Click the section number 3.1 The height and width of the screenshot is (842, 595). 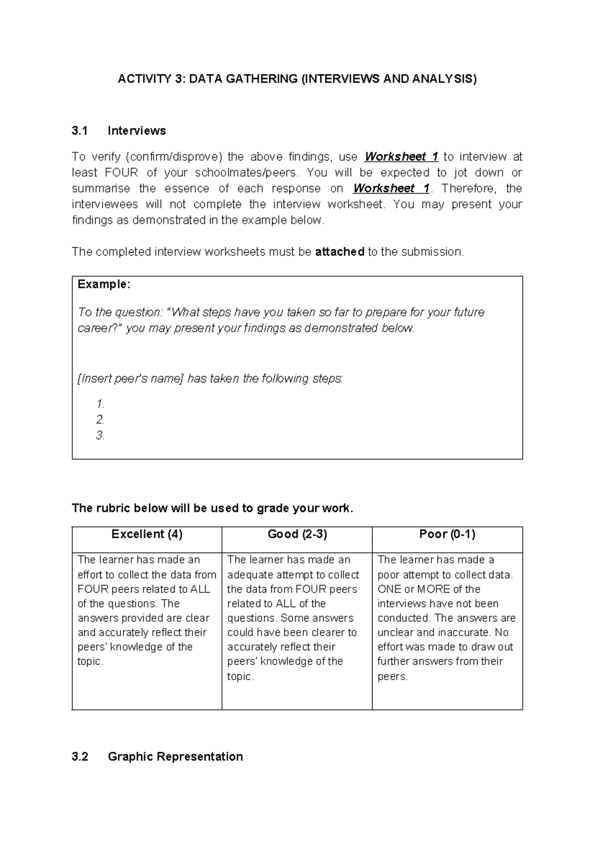click(79, 131)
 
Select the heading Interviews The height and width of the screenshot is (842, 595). click(137, 131)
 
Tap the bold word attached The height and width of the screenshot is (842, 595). click(340, 252)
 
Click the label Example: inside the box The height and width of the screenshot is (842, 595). click(104, 284)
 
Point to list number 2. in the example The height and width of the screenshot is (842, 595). click(101, 420)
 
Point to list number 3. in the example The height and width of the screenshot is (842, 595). click(101, 435)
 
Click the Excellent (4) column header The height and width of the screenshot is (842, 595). click(147, 534)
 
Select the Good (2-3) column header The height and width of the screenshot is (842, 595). click(297, 534)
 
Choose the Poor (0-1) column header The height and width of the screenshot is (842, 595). click(447, 534)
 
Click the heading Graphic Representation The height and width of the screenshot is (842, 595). click(176, 757)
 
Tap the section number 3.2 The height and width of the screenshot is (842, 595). click(79, 757)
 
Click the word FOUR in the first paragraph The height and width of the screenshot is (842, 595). click(121, 173)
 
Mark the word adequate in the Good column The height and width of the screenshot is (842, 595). click(248, 575)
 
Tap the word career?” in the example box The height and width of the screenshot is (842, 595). click(99, 328)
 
